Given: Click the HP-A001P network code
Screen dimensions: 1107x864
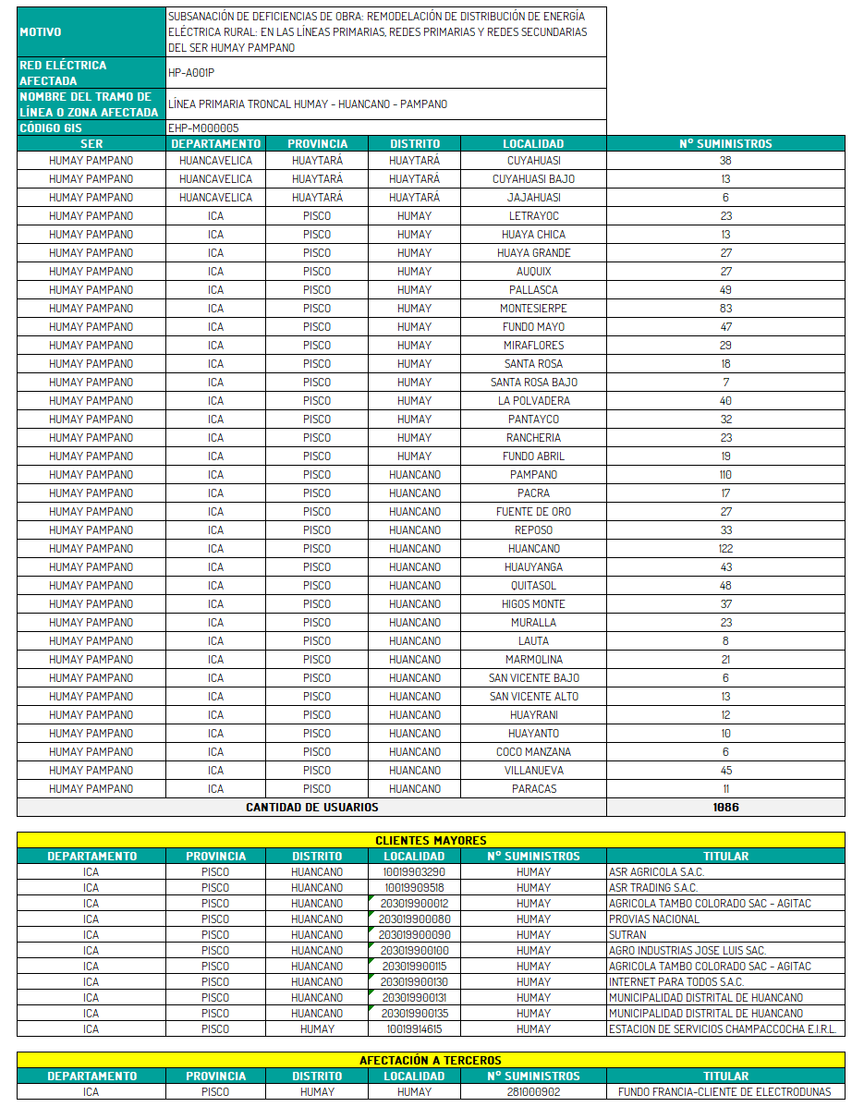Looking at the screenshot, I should tap(191, 72).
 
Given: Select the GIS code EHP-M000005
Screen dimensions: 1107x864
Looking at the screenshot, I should tap(203, 128).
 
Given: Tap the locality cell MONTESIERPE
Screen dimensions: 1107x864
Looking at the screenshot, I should tap(533, 309).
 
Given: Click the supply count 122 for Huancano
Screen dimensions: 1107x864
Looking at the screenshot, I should tap(725, 549).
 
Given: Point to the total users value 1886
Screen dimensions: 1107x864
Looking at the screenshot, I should tap(725, 807).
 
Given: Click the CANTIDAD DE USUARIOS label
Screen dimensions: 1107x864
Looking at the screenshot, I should tap(311, 807).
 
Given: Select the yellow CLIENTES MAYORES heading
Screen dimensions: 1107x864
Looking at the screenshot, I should tap(431, 840).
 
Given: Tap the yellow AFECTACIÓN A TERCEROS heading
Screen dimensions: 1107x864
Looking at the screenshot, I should tap(431, 1060).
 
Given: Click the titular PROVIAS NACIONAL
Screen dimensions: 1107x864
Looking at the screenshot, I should tap(653, 919).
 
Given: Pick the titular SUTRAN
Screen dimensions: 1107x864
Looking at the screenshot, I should tap(627, 935).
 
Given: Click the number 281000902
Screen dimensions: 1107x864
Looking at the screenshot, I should tap(533, 1092).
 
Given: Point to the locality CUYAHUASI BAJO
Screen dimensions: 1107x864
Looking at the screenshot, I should tap(533, 179).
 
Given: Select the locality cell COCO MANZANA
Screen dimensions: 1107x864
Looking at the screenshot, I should tap(533, 752).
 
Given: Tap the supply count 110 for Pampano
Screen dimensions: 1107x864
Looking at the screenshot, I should tap(725, 475).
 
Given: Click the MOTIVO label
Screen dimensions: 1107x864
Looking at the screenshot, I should tap(41, 32).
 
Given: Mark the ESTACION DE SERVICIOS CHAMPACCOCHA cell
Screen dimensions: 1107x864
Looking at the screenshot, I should tap(724, 1029).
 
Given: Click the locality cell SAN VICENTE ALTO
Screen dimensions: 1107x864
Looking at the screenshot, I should tap(533, 697).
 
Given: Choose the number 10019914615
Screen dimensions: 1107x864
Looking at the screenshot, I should tap(414, 1029).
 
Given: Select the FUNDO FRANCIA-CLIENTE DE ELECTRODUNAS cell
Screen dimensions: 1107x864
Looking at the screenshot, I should tap(724, 1092).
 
